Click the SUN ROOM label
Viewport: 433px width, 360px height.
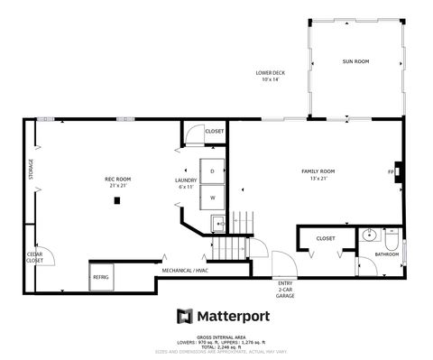[x=355, y=61]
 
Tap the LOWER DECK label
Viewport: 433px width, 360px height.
[x=271, y=76]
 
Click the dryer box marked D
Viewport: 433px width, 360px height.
[x=213, y=171]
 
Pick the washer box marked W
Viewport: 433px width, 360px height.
[x=213, y=197]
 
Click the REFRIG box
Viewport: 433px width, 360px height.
[x=100, y=277]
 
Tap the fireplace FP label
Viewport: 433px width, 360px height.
[x=391, y=171]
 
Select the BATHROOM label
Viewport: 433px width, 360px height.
[x=387, y=254]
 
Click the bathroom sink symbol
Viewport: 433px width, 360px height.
[x=367, y=237]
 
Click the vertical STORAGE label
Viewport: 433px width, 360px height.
[x=31, y=169]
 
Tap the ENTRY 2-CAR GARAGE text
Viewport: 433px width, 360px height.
[x=285, y=289]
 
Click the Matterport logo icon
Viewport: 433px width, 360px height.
[x=184, y=316]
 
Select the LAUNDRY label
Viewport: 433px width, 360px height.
[x=185, y=183]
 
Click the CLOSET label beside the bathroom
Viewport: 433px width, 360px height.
[x=326, y=238]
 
